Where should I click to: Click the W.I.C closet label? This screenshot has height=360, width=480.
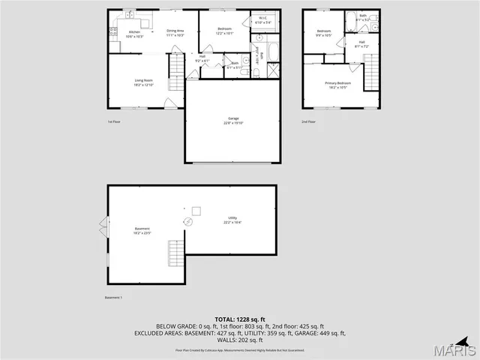tap(263, 19)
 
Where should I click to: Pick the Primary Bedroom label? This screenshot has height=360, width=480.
tap(337, 84)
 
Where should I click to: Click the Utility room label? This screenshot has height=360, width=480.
tap(232, 220)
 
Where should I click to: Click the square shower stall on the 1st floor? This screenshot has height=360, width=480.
tap(274, 70)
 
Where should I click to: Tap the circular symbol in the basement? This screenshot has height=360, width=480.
tap(189, 221)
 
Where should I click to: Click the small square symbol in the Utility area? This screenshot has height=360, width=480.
tap(196, 210)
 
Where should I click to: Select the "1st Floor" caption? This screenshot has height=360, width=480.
tap(114, 121)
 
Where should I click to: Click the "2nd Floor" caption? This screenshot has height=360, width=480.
tap(309, 121)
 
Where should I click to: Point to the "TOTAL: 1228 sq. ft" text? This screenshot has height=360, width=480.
tap(239, 319)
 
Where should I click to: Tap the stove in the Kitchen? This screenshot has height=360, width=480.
tap(113, 32)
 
